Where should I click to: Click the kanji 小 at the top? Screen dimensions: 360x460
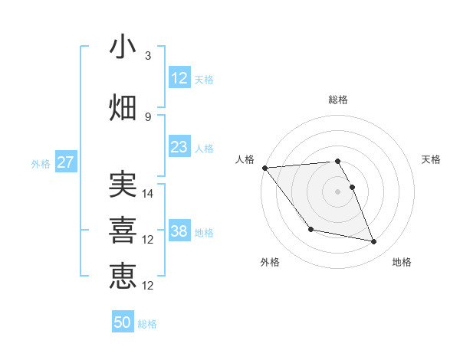[123, 48]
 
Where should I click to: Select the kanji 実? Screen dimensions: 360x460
[123, 186]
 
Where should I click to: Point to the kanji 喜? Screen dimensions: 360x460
[123, 230]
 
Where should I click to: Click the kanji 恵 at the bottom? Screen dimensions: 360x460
[123, 274]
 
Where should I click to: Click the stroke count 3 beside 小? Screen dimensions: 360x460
[147, 56]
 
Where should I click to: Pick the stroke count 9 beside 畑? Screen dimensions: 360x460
[147, 116]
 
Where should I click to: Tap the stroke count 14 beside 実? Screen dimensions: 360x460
[149, 194]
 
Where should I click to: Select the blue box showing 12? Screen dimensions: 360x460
[179, 78]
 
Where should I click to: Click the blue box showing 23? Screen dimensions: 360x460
[179, 147]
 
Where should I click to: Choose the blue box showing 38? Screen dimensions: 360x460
[179, 231]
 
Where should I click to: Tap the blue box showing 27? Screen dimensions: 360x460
[65, 162]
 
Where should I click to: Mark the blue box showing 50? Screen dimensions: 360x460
[122, 322]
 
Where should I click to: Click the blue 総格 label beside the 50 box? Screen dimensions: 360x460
[147, 324]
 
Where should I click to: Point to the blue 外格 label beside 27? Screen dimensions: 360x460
[41, 164]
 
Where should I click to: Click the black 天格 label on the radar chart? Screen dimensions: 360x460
[431, 159]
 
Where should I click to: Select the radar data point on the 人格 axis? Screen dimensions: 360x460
[264, 168]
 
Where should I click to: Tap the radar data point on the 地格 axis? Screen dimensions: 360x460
[374, 242]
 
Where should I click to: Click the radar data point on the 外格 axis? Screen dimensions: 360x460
[310, 229]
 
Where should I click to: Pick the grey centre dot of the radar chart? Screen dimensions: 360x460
[337, 191]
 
